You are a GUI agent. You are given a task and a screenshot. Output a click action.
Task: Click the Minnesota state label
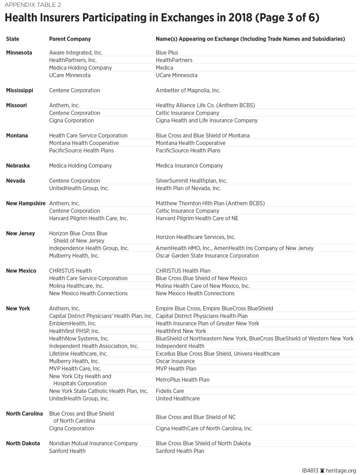[x=19, y=53]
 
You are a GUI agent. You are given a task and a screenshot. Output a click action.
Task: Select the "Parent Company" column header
[x=70, y=39]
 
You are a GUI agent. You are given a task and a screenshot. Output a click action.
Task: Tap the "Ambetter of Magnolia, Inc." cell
[x=188, y=91]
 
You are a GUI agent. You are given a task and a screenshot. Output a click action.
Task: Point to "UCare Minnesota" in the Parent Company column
[x=70, y=76]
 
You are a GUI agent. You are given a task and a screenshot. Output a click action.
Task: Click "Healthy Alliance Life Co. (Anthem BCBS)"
[x=205, y=106]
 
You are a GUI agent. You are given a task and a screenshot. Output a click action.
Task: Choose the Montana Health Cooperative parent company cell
[x=84, y=143]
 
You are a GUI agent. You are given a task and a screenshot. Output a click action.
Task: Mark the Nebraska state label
[x=18, y=166]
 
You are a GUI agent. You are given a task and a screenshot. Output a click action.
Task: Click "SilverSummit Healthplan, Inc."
[x=191, y=181]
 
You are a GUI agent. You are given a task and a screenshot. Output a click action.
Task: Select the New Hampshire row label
[x=25, y=203]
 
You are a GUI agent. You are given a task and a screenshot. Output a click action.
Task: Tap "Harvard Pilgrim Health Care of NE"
[x=197, y=218]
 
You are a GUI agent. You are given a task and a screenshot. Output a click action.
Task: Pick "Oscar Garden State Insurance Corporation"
[x=207, y=256]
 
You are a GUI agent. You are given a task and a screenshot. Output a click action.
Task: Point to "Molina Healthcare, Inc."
[x=76, y=286]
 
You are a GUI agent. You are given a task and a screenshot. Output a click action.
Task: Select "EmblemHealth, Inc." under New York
[x=72, y=324]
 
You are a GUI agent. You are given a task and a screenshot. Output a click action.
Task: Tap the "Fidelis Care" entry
[x=170, y=391]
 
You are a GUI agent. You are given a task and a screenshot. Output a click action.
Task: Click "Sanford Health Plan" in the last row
[x=179, y=451]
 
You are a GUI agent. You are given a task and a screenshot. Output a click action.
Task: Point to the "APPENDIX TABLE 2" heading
[x=33, y=5]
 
